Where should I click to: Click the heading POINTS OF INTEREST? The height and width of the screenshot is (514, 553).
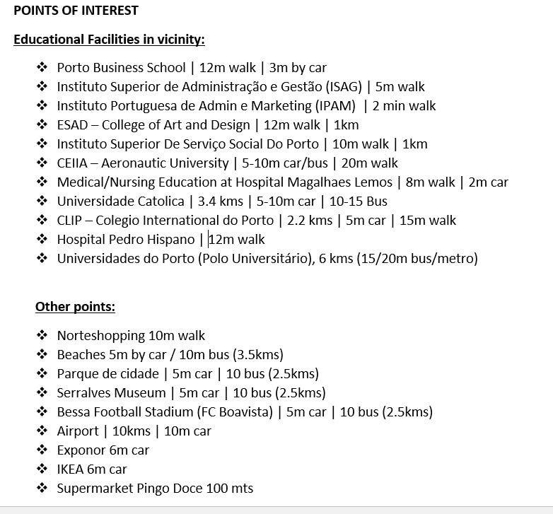(76, 11)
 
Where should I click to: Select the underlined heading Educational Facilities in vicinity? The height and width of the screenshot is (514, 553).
(109, 40)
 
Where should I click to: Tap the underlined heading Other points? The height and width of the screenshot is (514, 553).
(75, 307)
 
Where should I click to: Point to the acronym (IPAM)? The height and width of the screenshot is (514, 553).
(335, 106)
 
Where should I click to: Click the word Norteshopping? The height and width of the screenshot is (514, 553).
(101, 336)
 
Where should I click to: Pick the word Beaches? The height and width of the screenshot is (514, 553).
(81, 355)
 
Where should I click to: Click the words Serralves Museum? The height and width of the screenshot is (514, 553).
(111, 393)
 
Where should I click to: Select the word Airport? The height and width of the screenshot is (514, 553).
(78, 431)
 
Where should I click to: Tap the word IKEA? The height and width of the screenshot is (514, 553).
(71, 469)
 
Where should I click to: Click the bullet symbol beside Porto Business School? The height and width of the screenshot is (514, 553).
(42, 68)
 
